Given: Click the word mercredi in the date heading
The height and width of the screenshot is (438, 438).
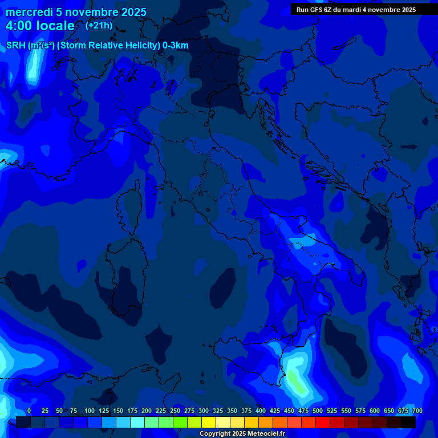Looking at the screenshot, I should (x=29, y=13).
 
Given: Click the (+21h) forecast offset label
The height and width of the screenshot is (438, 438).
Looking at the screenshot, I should (x=99, y=26).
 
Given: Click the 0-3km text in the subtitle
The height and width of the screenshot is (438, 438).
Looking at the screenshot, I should (x=176, y=46).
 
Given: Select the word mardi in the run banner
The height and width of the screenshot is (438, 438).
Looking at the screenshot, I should (x=356, y=10).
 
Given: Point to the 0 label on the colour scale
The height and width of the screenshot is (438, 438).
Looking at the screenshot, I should (x=29, y=411).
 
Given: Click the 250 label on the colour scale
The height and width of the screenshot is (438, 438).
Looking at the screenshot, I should (x=175, y=411).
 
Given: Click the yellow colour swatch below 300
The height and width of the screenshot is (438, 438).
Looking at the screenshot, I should (x=208, y=422).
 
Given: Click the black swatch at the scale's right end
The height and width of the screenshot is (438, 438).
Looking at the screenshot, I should (x=408, y=422).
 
